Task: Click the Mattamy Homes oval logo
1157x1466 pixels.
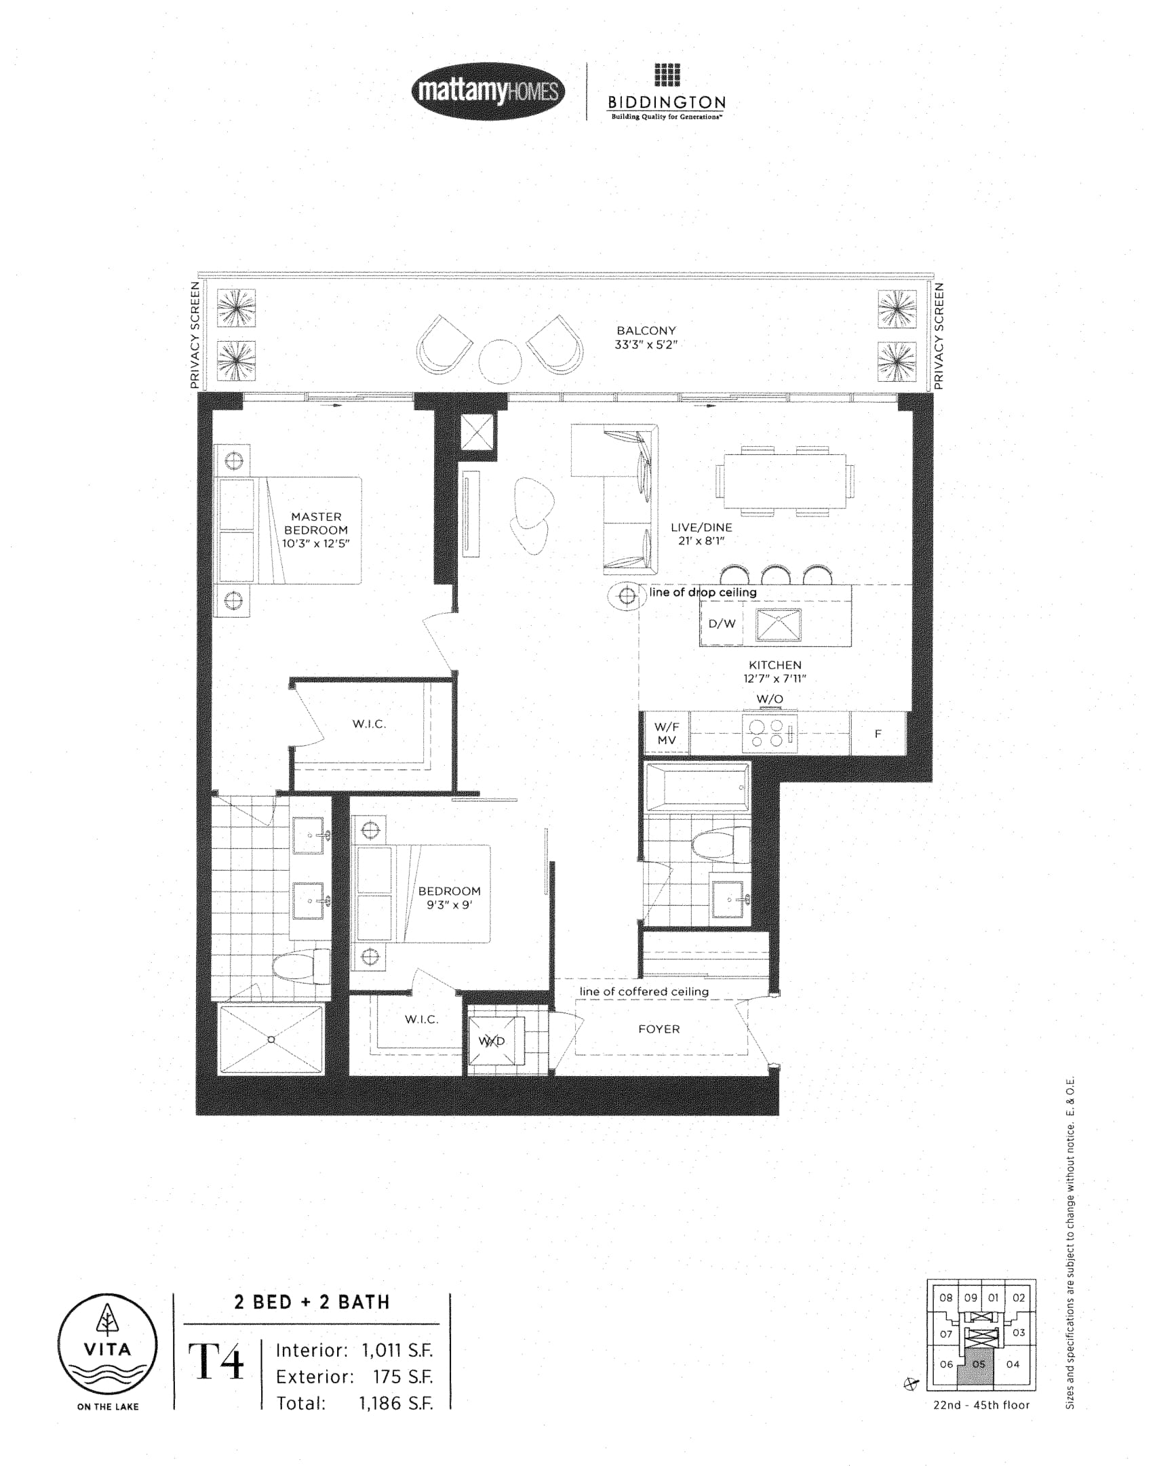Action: pyautogui.click(x=488, y=91)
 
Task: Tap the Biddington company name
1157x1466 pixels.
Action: pyautogui.click(x=667, y=102)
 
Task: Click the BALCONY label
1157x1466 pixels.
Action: pyautogui.click(x=646, y=330)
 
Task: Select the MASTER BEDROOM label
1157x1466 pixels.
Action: pyautogui.click(x=316, y=523)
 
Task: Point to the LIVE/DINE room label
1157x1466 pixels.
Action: pyautogui.click(x=701, y=527)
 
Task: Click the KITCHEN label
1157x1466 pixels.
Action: pyautogui.click(x=775, y=665)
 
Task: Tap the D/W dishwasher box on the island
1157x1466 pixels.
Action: pyautogui.click(x=722, y=624)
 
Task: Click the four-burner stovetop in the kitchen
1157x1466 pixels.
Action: pyautogui.click(x=770, y=734)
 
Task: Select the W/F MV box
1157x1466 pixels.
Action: pyautogui.click(x=666, y=733)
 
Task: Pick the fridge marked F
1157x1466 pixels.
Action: pyautogui.click(x=878, y=733)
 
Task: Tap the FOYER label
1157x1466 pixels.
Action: pyautogui.click(x=659, y=1029)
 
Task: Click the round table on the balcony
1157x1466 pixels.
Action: pyautogui.click(x=500, y=360)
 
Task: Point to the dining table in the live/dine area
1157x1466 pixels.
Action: pyautogui.click(x=785, y=481)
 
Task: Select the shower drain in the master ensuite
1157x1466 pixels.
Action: pyautogui.click(x=271, y=1039)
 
